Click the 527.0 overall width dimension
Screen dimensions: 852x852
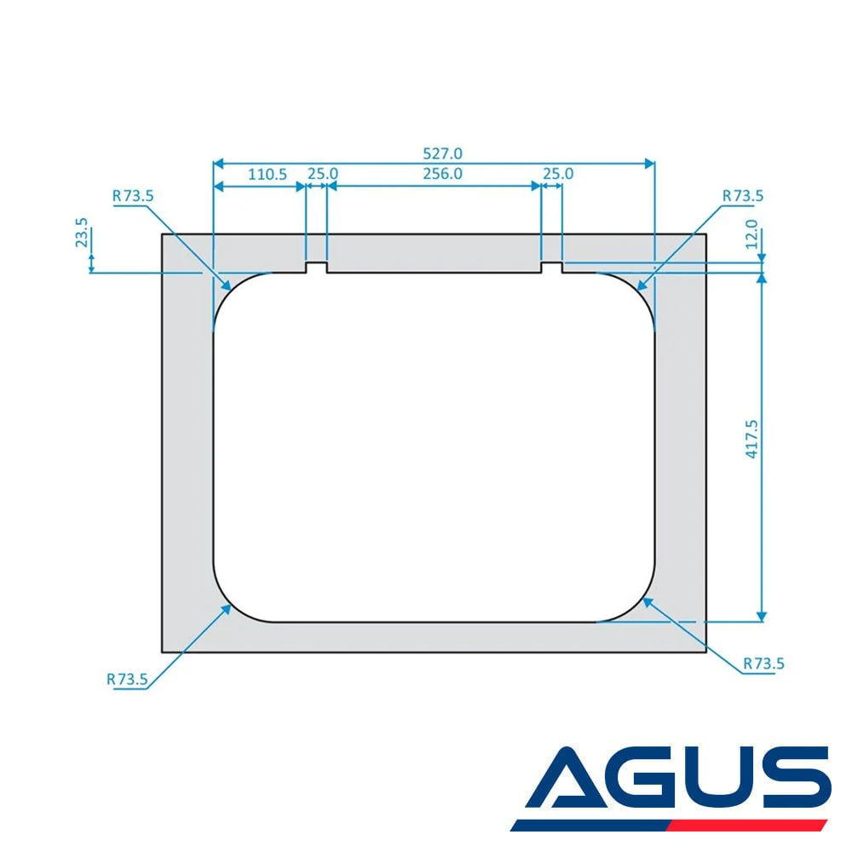pyautogui.click(x=442, y=153)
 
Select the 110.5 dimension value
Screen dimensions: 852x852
pyautogui.click(x=268, y=175)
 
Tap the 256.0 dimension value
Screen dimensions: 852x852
pyautogui.click(x=442, y=174)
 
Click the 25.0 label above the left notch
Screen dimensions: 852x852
pyautogui.click(x=323, y=174)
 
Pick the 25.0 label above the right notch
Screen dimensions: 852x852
pyautogui.click(x=558, y=174)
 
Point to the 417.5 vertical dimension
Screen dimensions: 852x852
pyautogui.click(x=751, y=439)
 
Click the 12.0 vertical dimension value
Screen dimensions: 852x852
pyautogui.click(x=751, y=234)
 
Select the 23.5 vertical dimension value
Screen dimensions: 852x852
pyautogui.click(x=82, y=233)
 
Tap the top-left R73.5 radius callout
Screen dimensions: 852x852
pyautogui.click(x=133, y=196)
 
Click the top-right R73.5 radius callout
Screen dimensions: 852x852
pyautogui.click(x=743, y=196)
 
